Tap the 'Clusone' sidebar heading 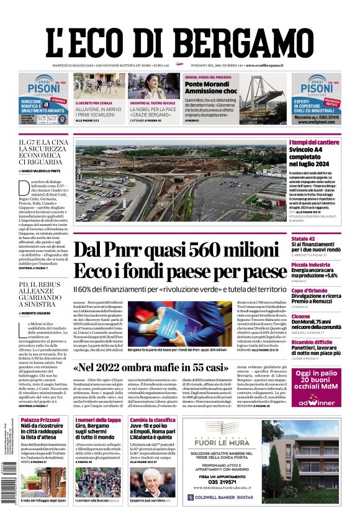pyautogui.click(x=301, y=317)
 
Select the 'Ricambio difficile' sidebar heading pyautogui.click(x=314, y=342)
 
